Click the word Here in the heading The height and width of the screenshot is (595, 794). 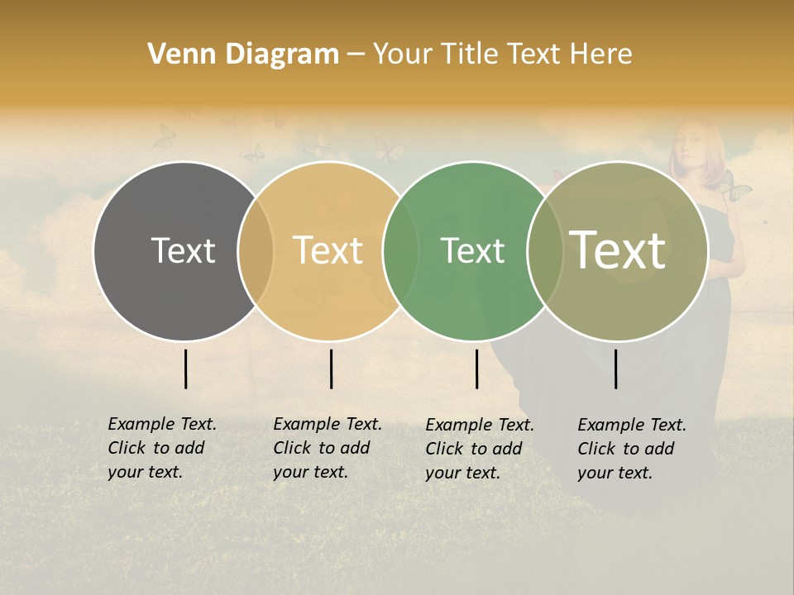coord(602,55)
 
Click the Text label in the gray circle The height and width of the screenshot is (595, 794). coord(183,250)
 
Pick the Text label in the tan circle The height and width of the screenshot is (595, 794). coord(328,250)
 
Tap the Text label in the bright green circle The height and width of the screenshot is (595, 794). coord(472,250)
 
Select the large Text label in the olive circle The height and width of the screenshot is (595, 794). coord(618,250)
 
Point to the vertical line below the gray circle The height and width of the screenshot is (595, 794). coord(185,369)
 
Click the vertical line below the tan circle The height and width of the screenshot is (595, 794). coord(331,369)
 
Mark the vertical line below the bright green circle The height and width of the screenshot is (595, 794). coord(476,369)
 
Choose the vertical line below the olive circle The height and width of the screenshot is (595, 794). coord(615,369)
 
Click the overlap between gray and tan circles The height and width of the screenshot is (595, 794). coord(256,250)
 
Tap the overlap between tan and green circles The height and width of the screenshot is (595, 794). coord(400,250)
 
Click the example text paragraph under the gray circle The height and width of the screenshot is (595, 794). coord(162,448)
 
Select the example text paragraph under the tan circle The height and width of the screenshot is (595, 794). coord(328,448)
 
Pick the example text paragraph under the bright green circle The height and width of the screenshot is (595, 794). coord(480,449)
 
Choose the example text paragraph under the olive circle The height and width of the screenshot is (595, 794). coord(632,449)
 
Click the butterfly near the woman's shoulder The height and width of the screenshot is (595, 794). coord(734,190)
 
